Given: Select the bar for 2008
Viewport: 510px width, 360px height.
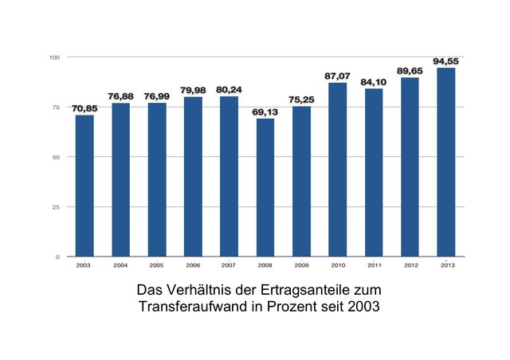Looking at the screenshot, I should click(265, 188).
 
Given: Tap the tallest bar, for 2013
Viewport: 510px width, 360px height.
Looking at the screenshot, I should click(445, 162).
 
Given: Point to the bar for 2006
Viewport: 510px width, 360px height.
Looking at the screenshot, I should click(193, 177).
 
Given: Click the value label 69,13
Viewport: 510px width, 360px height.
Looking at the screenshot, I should click(265, 112).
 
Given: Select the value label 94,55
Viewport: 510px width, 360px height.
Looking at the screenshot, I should click(445, 61).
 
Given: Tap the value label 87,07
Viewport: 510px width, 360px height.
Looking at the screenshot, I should click(337, 76).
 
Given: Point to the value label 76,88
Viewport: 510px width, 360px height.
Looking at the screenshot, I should click(120, 96).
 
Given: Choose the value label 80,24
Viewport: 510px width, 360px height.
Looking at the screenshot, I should click(229, 90).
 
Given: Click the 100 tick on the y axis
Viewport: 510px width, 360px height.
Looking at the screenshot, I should click(54, 57).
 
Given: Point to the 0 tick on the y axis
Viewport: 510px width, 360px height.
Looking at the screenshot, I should click(57, 257).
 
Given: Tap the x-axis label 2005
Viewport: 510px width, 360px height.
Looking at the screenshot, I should click(156, 266).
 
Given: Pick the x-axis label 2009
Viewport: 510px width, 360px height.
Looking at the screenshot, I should click(301, 266).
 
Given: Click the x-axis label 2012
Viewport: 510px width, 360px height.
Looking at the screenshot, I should click(410, 266).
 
